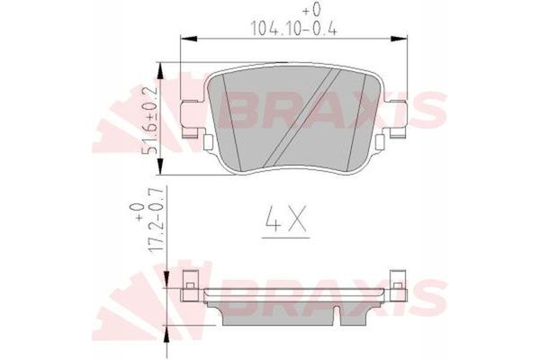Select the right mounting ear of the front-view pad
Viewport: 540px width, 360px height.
click(x=392, y=120)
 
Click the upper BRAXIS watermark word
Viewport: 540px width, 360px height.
click(x=333, y=111)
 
